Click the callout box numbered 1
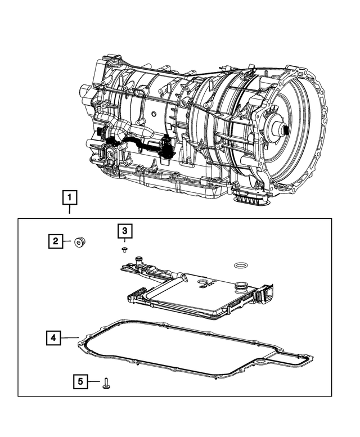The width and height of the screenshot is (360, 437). click(69, 199)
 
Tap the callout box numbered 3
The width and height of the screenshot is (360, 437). click(125, 231)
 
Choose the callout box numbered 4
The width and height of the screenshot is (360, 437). click(53, 337)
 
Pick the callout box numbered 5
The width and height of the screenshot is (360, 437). click(81, 382)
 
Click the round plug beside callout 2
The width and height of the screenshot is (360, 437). click(80, 242)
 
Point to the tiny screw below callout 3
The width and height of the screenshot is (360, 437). click(125, 248)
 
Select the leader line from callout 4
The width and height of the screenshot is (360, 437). click(69, 337)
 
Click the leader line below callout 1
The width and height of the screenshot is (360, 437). click(69, 210)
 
